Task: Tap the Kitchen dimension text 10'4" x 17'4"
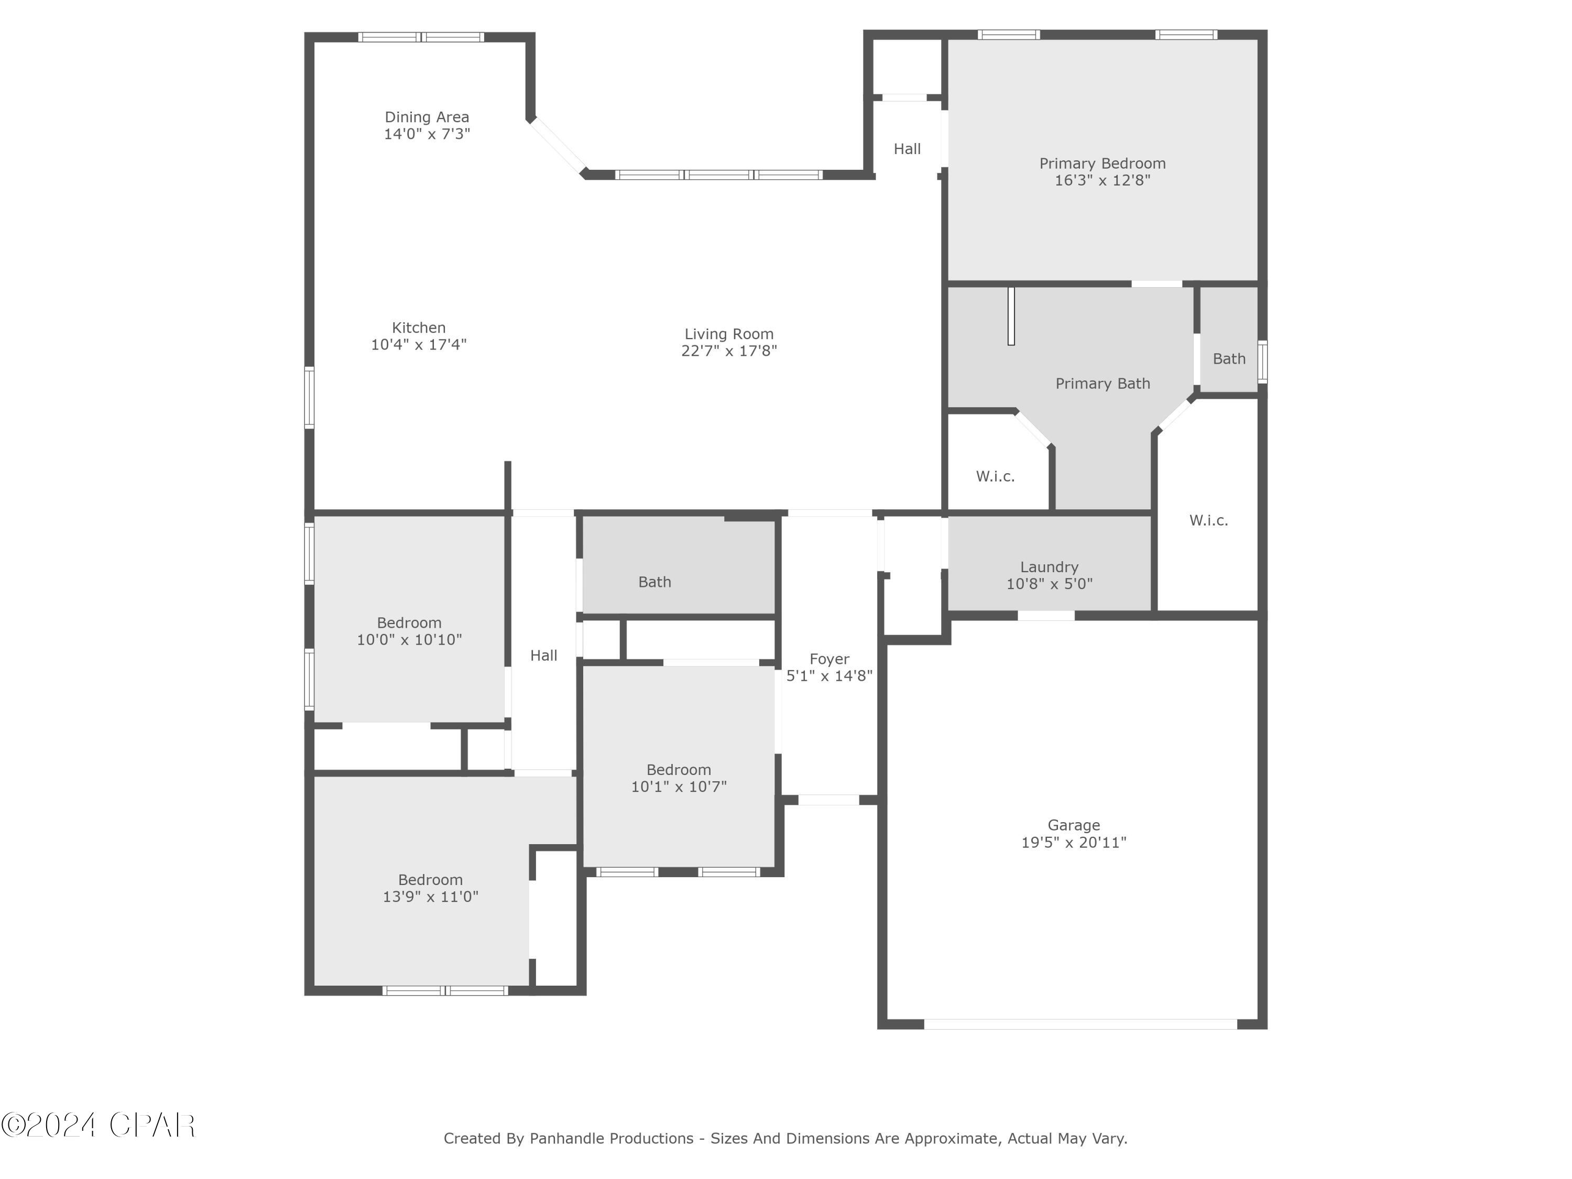(419, 345)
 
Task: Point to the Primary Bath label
(1102, 384)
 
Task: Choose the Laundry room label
(1049, 567)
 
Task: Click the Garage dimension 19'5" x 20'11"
(1073, 843)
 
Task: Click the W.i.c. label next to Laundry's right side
(1208, 521)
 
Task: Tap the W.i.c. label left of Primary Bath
(995, 477)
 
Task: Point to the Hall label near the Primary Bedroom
(907, 149)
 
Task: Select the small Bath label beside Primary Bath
(1229, 359)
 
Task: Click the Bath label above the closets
(654, 583)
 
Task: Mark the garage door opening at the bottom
(1080, 1024)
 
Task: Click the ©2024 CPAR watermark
(98, 1125)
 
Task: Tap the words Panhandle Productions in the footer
(611, 1139)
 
